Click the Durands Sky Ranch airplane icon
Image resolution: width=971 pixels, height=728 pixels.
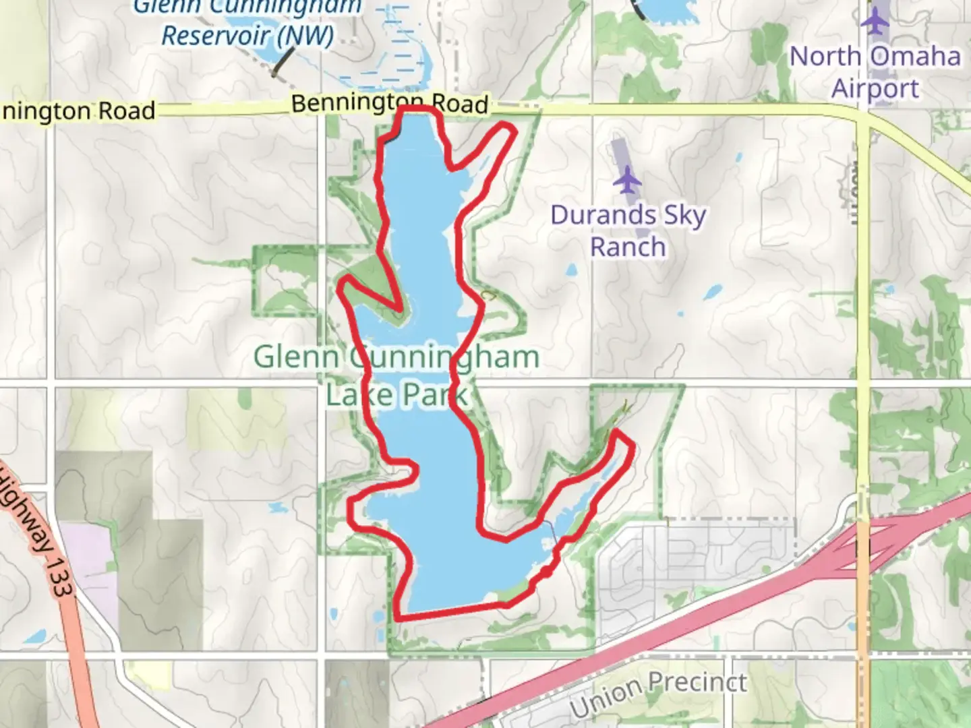[x=628, y=180]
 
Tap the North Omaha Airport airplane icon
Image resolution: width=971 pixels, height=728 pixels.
[x=875, y=20]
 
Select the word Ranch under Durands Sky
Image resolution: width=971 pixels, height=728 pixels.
[x=628, y=247]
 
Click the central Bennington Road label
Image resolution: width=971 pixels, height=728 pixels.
[x=390, y=104]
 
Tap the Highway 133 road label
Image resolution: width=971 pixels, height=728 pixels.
[x=40, y=533]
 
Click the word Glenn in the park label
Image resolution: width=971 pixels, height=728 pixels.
[x=295, y=357]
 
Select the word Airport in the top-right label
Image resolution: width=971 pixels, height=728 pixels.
[x=875, y=88]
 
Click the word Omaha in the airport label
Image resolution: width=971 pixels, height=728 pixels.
[x=918, y=56]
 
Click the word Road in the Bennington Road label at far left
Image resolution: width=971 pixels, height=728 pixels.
[x=126, y=111]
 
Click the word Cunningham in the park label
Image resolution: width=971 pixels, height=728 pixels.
[x=445, y=357]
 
